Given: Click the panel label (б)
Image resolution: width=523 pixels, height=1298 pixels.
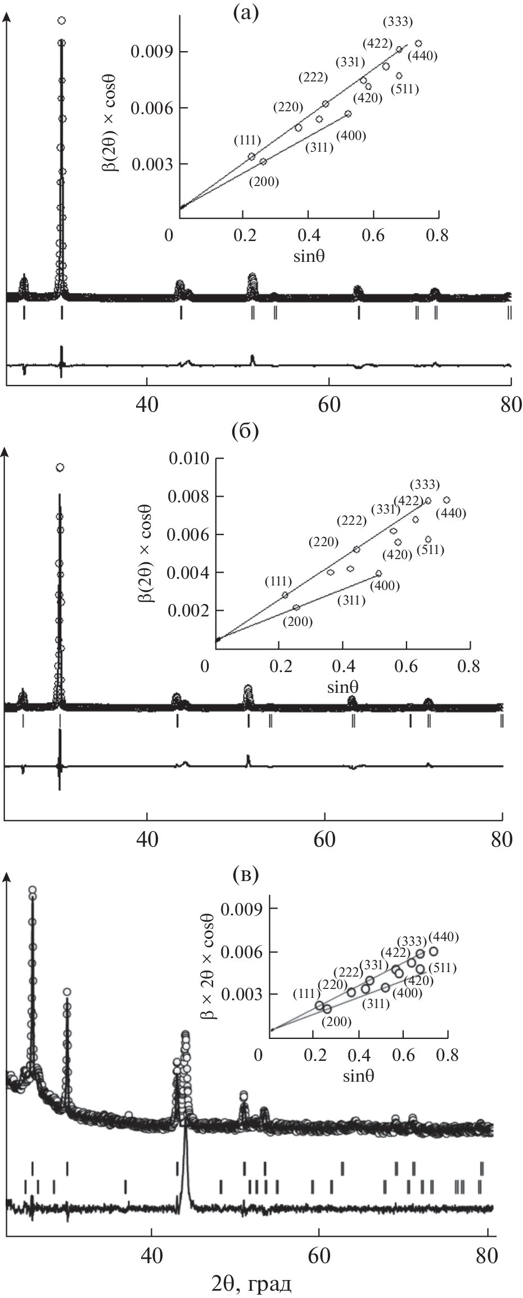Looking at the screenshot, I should [x=245, y=433].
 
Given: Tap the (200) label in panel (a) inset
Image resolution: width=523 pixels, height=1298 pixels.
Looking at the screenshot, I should [x=264, y=182].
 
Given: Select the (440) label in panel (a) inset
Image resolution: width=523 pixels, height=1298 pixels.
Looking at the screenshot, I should [x=422, y=56].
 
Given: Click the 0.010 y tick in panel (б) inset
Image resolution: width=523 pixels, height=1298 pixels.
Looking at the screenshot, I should [x=186, y=459].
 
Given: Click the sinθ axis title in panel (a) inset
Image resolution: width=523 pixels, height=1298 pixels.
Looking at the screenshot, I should [x=310, y=257].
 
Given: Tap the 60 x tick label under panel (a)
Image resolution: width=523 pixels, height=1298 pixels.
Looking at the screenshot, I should [x=329, y=405].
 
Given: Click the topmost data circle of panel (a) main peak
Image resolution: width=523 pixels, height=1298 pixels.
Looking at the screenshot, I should [x=62, y=21].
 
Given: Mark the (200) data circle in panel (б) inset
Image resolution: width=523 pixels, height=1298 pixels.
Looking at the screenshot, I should [x=296, y=607].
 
